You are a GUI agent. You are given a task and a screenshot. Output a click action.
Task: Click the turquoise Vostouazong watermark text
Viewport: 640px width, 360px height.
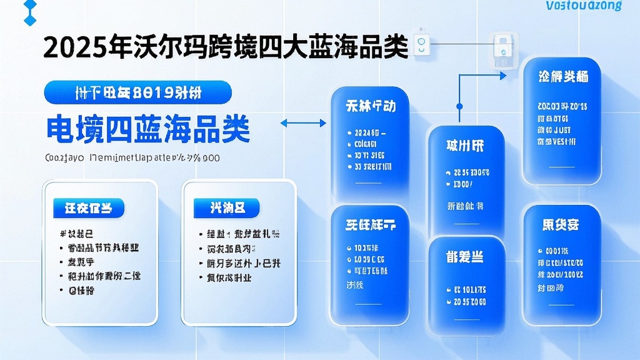point(583,6)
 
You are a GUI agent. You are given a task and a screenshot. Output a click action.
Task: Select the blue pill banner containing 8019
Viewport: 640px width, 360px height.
point(137,92)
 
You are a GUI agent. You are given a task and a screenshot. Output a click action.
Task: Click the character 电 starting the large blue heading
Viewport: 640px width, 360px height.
point(61,130)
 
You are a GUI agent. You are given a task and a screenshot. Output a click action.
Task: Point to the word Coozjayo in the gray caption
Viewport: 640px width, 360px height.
point(64,158)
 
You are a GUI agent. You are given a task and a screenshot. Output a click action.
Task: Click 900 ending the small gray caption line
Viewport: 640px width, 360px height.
point(211,158)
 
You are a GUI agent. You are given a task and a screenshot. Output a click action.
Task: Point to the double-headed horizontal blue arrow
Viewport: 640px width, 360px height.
point(303,123)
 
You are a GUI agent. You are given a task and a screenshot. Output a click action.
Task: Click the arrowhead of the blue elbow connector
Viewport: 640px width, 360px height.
point(503,75)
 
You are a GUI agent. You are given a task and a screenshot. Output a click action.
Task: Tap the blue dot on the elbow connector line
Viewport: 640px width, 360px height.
point(459,106)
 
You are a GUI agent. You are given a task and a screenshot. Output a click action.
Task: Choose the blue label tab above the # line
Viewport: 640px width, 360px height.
point(88,207)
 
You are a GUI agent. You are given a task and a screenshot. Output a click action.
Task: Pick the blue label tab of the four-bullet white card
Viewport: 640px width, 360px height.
point(226,207)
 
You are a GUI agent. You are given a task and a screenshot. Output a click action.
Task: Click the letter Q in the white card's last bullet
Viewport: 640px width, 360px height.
point(72,290)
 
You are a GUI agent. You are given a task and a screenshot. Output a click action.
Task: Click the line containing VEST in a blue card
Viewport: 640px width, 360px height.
point(562,142)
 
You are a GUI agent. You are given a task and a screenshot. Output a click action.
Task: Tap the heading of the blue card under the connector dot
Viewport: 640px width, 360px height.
point(465,146)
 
